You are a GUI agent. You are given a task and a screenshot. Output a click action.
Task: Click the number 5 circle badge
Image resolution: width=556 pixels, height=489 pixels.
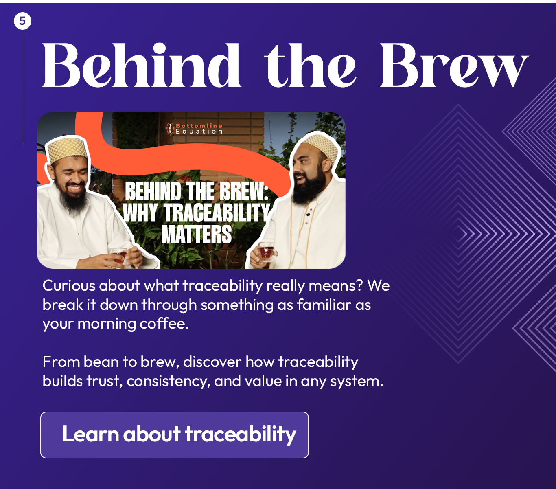(x=22, y=21)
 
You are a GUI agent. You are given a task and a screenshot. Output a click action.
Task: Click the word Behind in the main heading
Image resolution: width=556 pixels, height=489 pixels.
(x=141, y=65)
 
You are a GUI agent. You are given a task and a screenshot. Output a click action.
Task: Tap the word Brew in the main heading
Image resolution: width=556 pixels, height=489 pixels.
(x=455, y=65)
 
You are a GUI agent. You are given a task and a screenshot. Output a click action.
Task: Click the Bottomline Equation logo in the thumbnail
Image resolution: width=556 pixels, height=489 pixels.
(x=194, y=129)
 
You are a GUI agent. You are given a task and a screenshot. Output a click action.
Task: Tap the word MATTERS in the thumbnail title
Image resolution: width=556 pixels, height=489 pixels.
(x=197, y=234)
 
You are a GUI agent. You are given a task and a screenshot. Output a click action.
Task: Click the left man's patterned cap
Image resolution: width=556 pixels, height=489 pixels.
(x=67, y=151)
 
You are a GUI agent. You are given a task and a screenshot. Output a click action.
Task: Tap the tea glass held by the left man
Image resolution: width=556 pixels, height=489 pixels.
(x=118, y=255)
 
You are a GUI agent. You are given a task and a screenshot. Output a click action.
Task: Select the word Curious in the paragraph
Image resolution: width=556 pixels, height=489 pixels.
(x=69, y=286)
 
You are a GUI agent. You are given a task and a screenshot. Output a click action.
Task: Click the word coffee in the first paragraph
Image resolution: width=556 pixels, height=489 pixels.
(x=164, y=324)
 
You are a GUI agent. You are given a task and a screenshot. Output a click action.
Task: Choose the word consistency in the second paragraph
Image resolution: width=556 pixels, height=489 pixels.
(x=168, y=382)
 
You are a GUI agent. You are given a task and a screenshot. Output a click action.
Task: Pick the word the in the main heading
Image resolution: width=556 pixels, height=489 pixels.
(x=310, y=65)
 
